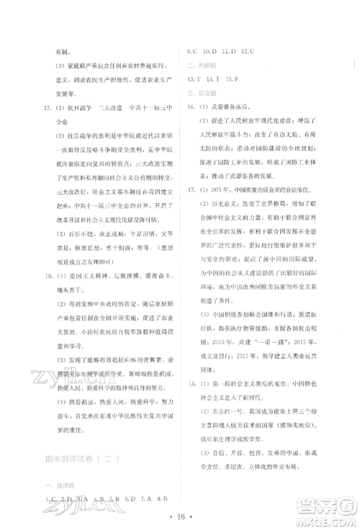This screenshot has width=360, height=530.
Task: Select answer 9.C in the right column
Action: [193, 52]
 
